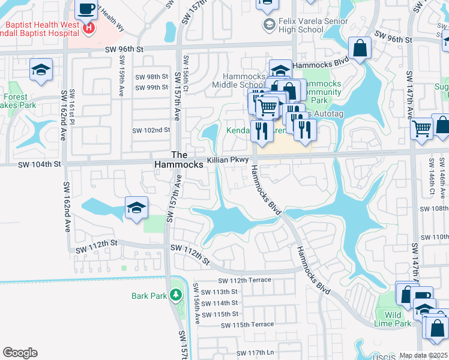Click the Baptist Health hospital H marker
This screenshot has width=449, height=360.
(89, 28)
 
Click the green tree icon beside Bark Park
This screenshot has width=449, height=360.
(175, 295)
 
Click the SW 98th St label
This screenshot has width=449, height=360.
(152, 77)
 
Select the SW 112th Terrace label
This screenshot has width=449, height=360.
(245, 280)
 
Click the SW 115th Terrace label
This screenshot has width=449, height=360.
(247, 325)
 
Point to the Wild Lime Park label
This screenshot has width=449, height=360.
(397, 319)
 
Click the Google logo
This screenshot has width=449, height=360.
(20, 353)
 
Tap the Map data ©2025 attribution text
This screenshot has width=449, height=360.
(423, 355)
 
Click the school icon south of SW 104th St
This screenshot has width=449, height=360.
(136, 208)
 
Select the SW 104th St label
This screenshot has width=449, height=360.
(40, 164)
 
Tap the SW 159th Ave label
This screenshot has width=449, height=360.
(122, 70)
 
